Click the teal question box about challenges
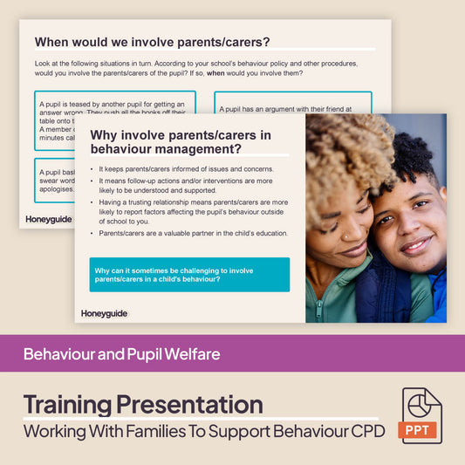(x=189, y=274)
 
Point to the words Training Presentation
(x=142, y=405)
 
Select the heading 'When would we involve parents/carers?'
(x=152, y=41)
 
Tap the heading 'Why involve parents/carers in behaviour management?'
(x=181, y=142)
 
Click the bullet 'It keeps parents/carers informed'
(x=187, y=168)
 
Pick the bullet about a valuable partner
(x=193, y=232)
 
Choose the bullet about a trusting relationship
(x=193, y=211)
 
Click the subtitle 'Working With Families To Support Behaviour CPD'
(x=204, y=432)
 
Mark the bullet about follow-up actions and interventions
(x=193, y=185)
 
